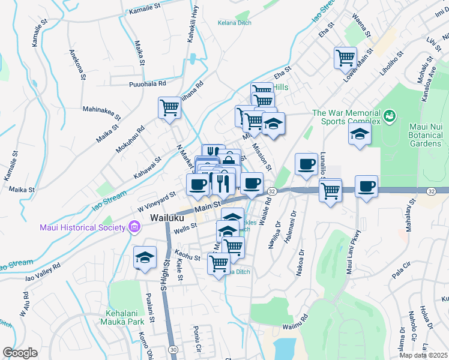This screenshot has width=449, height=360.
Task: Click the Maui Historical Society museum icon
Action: click(x=134, y=227)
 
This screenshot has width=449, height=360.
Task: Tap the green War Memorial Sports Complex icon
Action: click(x=390, y=115)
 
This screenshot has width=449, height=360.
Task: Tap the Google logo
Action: click(x=20, y=353)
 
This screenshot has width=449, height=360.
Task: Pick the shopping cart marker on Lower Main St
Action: click(x=345, y=58)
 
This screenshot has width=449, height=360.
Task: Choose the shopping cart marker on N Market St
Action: click(x=170, y=108)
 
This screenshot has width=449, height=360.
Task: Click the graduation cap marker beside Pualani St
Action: click(x=145, y=257)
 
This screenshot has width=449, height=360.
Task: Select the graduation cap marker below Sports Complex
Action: click(x=360, y=134)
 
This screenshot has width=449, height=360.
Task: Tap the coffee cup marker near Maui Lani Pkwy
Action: click(x=366, y=186)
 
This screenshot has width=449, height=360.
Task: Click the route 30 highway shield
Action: click(x=173, y=349)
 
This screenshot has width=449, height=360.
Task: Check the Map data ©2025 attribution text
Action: click(x=425, y=355)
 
